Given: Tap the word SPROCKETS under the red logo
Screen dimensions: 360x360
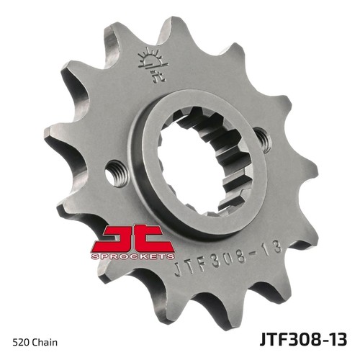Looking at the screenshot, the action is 132,256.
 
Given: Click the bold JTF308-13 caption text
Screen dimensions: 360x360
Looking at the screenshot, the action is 303,339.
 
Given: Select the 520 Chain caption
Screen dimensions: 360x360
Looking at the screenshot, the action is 35,343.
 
